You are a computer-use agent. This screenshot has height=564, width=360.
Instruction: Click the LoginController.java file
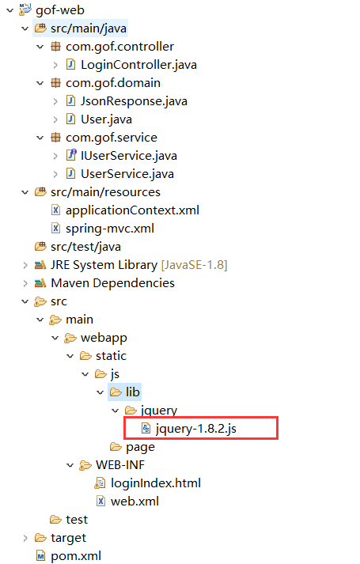tap(138, 65)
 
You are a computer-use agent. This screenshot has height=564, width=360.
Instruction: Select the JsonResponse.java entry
tap(134, 101)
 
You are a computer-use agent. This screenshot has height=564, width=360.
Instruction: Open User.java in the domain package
tap(106, 119)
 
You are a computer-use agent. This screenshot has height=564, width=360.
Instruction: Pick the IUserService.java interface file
tap(129, 156)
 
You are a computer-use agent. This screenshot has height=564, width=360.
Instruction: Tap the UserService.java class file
tap(127, 174)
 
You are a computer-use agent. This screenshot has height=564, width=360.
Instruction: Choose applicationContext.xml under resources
tap(132, 210)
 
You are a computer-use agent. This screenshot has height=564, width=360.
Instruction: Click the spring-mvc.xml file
tap(110, 229)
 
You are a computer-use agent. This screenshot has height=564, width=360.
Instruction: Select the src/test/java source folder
tap(85, 247)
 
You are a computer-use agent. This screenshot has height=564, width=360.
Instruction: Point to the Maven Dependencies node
tap(112, 283)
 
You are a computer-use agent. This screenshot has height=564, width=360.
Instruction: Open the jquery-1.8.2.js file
tap(195, 429)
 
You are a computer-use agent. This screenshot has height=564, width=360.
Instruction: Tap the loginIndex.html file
tap(156, 483)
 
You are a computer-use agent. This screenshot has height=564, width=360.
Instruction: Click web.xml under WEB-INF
tap(135, 502)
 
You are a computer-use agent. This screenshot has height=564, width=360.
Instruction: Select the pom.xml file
tap(76, 556)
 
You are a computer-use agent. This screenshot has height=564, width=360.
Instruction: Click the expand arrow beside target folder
tap(25, 538)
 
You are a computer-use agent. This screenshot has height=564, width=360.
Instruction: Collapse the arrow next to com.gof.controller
tap(40, 47)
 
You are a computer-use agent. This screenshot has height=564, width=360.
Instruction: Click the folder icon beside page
tap(116, 447)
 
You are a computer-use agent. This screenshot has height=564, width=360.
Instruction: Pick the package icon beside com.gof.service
tap(55, 138)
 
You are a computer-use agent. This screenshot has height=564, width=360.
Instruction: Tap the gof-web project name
tap(60, 10)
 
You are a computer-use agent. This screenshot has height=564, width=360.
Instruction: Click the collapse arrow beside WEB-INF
tap(70, 465)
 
